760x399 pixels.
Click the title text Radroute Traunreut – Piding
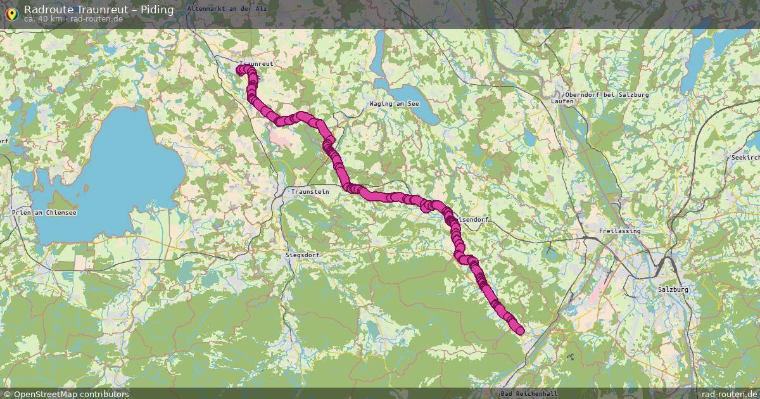tap(99, 9)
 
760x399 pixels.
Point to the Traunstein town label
tap(310, 191)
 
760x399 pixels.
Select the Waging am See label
tap(395, 103)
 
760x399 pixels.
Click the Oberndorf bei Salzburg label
tap(609, 94)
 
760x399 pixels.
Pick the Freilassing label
tap(619, 231)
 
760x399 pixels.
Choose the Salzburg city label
tap(673, 289)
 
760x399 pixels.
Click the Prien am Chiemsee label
tap(44, 213)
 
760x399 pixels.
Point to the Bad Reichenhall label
tap(529, 394)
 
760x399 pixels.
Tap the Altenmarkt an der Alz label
tap(227, 9)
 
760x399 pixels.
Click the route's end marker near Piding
tap(521, 331)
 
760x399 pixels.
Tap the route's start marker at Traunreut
tap(240, 70)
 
